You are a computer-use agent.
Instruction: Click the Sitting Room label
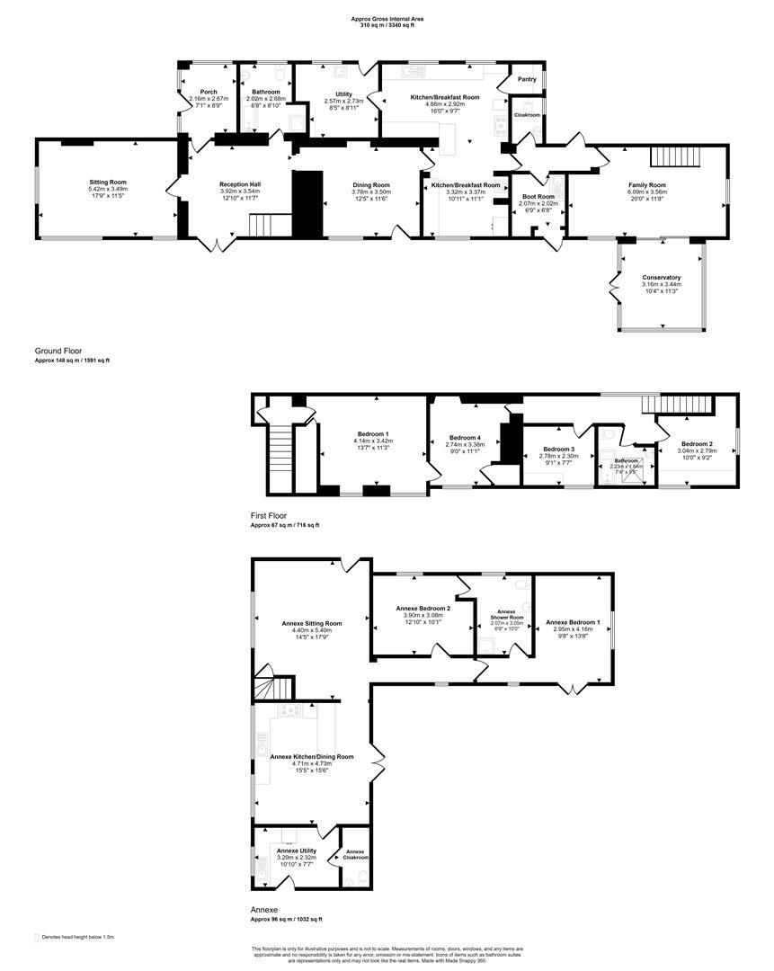click(x=107, y=182)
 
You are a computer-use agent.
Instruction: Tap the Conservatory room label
click(x=661, y=278)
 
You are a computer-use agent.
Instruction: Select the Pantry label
click(x=528, y=79)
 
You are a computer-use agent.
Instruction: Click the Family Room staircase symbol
click(x=675, y=156)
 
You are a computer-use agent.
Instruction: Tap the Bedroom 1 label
click(x=373, y=433)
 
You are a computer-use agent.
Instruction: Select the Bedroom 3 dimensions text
click(x=558, y=457)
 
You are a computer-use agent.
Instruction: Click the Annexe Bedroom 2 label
click(x=423, y=608)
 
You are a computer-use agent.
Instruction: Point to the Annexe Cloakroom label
click(x=355, y=854)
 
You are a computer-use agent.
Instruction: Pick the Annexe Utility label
click(x=296, y=851)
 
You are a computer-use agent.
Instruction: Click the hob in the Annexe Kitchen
click(x=290, y=710)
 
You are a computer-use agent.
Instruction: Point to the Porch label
click(x=209, y=92)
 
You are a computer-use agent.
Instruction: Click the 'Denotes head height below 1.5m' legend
click(x=80, y=937)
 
